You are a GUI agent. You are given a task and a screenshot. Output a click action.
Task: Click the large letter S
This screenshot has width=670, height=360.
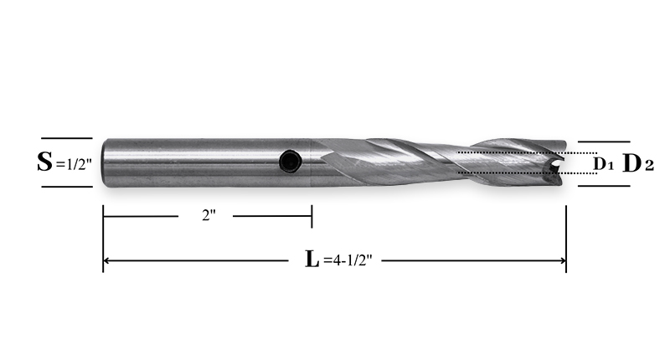click(x=44, y=162)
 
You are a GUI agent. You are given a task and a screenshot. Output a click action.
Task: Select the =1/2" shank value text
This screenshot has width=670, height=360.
click(x=74, y=164)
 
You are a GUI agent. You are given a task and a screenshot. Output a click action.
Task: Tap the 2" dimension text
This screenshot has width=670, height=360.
click(x=209, y=216)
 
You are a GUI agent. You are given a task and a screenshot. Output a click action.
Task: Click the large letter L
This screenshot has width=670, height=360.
click(x=312, y=260)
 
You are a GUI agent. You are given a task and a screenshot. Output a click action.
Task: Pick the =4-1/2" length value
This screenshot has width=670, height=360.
click(x=348, y=260)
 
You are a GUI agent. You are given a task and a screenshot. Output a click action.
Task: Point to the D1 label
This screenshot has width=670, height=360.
click(x=603, y=163)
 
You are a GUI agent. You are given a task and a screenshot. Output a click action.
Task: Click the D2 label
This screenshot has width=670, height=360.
click(x=638, y=163)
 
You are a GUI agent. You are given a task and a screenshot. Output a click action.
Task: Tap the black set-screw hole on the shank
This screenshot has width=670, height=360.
click(x=291, y=162)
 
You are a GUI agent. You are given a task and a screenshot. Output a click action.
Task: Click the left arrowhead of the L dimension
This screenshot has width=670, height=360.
click(x=106, y=260)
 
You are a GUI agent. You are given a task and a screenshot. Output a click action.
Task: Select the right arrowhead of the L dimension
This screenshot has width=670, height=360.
click(x=563, y=260)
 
